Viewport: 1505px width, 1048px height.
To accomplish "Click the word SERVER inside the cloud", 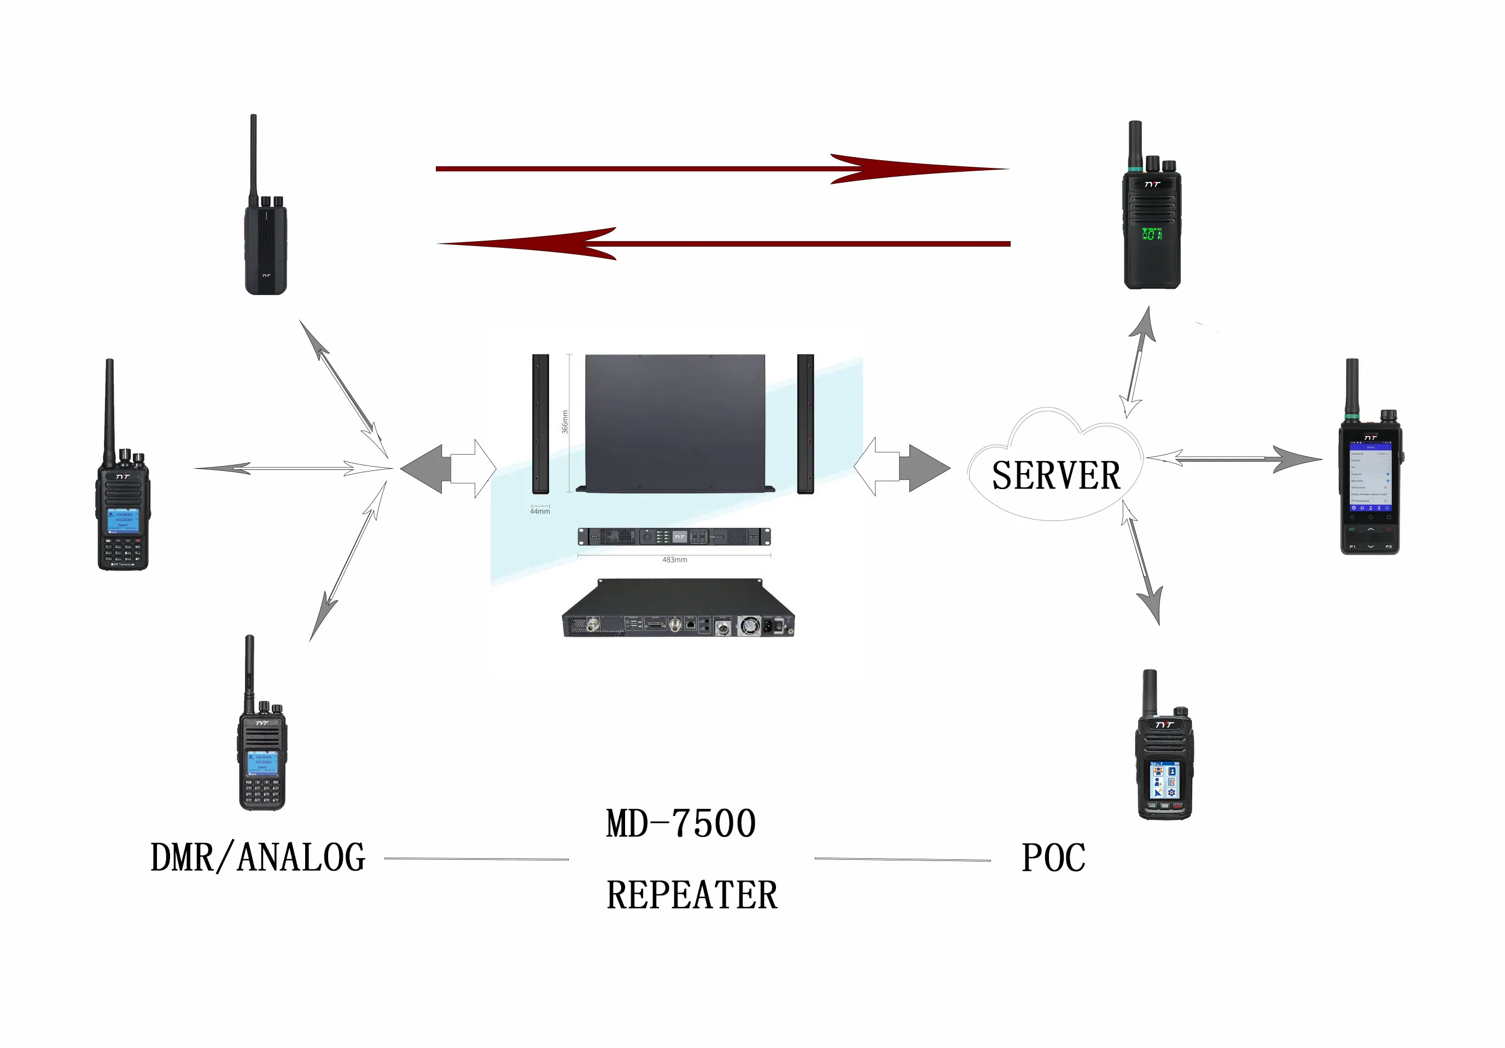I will [x=1055, y=476].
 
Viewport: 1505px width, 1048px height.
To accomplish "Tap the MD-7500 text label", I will [x=680, y=824].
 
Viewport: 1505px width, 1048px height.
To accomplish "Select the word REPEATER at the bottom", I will [x=692, y=895].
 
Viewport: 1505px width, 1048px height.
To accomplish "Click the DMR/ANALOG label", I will [x=258, y=858].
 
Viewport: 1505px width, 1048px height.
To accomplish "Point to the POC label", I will [x=1053, y=858].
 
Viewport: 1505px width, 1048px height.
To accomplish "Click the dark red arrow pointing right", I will [x=721, y=169].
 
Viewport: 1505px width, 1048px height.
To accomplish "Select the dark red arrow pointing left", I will [x=721, y=244].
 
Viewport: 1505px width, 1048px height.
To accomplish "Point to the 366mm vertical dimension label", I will [x=564, y=421].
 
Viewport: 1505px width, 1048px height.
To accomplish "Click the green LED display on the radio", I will [x=1152, y=234].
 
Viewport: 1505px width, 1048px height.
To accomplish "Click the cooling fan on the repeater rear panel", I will [x=749, y=626].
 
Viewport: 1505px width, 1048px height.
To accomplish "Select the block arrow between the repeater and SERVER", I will [x=902, y=467].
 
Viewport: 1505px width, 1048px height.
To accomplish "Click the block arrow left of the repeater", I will [x=448, y=469].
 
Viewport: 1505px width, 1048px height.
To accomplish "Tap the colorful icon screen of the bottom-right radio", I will [x=1164, y=780].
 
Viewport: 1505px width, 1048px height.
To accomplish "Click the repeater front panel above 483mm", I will [x=674, y=537].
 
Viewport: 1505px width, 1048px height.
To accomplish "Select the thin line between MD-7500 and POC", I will [x=902, y=859].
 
